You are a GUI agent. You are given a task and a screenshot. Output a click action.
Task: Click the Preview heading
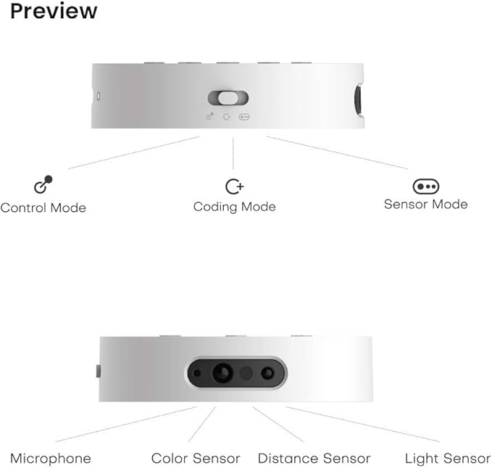(x=54, y=12)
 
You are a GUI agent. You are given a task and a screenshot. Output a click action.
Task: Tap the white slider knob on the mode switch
(x=228, y=98)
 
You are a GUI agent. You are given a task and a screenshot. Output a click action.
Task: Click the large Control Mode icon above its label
(x=43, y=184)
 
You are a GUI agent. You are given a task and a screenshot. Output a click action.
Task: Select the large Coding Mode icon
(x=234, y=186)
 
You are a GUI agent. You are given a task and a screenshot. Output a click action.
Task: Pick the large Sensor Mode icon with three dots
(x=426, y=186)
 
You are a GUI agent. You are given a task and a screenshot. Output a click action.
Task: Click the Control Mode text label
(x=43, y=208)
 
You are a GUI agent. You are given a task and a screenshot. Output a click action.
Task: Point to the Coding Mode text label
(x=234, y=207)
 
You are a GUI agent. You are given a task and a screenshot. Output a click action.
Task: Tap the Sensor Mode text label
(x=426, y=205)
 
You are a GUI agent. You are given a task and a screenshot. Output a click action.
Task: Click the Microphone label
(x=51, y=459)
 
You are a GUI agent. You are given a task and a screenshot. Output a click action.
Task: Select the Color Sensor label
(x=196, y=459)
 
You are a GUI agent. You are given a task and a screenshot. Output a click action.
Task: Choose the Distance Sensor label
(x=314, y=459)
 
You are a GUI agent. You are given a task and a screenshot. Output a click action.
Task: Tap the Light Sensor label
(x=448, y=459)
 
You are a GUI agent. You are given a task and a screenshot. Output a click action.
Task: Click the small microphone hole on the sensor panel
(x=197, y=373)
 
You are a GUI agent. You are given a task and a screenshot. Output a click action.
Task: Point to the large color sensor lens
(x=222, y=373)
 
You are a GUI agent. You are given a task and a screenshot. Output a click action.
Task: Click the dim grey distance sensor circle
(x=246, y=373)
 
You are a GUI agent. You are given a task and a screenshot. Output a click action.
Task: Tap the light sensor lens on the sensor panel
(x=267, y=373)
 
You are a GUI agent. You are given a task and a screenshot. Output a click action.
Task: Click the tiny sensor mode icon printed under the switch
(x=244, y=117)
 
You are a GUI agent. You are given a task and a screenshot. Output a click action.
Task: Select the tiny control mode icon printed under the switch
(x=210, y=116)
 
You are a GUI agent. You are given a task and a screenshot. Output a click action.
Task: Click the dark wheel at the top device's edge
(x=357, y=100)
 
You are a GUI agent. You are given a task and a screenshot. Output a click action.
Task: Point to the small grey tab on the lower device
(x=99, y=371)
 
